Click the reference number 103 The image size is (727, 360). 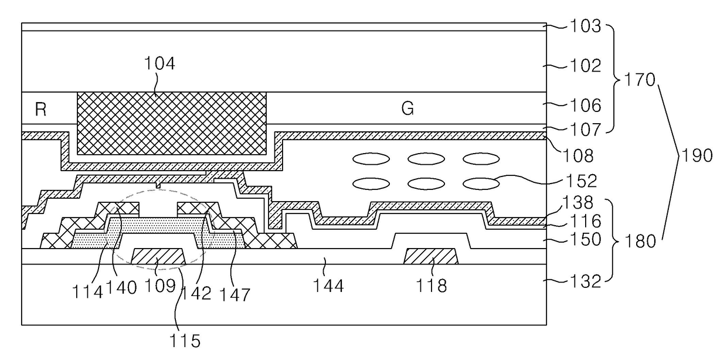coord(586,26)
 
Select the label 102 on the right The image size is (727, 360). coord(586,66)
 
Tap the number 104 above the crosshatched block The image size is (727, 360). coord(159,63)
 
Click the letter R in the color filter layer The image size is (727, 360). coord(40,110)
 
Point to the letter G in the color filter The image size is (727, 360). coord(407,108)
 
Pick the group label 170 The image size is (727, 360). coord(640,80)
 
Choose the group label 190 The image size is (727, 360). coord(697,155)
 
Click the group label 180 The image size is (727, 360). coord(640,242)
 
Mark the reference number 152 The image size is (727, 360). coord(581,181)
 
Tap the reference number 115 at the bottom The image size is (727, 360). coord(185,341)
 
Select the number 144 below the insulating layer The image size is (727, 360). coord(328,286)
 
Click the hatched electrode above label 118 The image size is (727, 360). coord(431,256)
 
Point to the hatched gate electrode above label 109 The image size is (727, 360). coord(158,256)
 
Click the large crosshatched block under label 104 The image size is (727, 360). coord(172,123)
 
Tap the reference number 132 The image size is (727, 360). coord(586,281)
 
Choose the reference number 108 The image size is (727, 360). coord(578,156)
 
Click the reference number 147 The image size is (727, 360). coord(235,295)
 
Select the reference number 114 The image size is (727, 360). coord(87,291)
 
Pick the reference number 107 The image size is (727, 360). coord(586,130)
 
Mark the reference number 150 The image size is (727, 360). coord(586,240)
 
